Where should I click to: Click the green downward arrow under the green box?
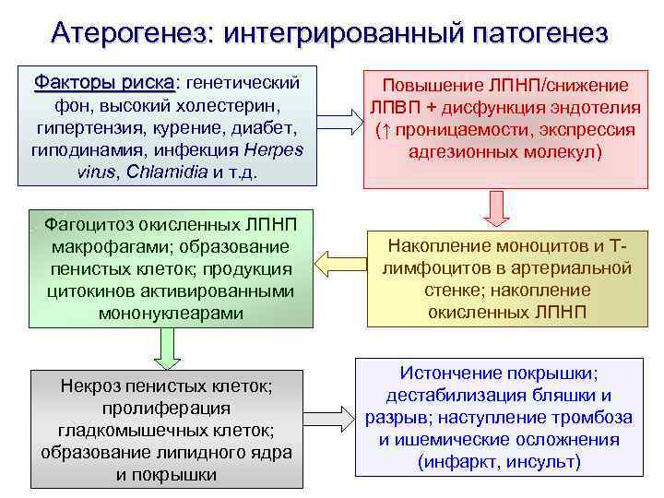(x=167, y=347)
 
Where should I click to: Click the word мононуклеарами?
(x=166, y=314)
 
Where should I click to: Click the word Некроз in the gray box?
(x=89, y=385)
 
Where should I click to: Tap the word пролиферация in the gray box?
(x=166, y=408)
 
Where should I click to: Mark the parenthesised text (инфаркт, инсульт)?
(x=499, y=462)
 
